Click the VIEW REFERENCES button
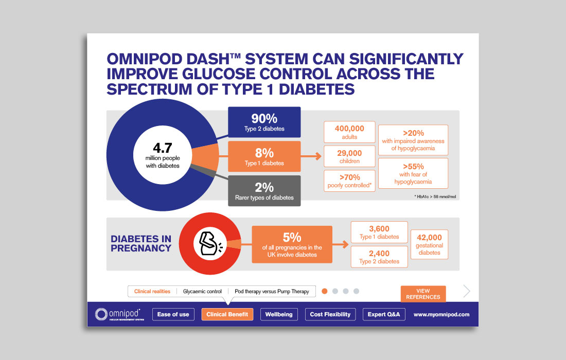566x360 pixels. tap(423, 294)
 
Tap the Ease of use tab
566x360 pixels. tap(173, 314)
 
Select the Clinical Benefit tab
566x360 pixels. tap(227, 314)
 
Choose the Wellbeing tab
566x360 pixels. tap(279, 314)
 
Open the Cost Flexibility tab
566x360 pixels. tap(330, 314)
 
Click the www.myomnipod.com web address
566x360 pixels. tap(441, 314)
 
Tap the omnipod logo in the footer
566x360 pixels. tap(120, 314)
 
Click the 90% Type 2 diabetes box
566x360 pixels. tap(264, 122)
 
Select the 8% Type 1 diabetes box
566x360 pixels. tap(264, 157)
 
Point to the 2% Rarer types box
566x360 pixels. tap(264, 191)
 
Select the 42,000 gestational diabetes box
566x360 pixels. tap(429, 243)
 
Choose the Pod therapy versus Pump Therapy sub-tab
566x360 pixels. tap(272, 292)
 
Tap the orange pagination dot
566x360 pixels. tap(325, 291)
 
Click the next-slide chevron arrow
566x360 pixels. tap(467, 291)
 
